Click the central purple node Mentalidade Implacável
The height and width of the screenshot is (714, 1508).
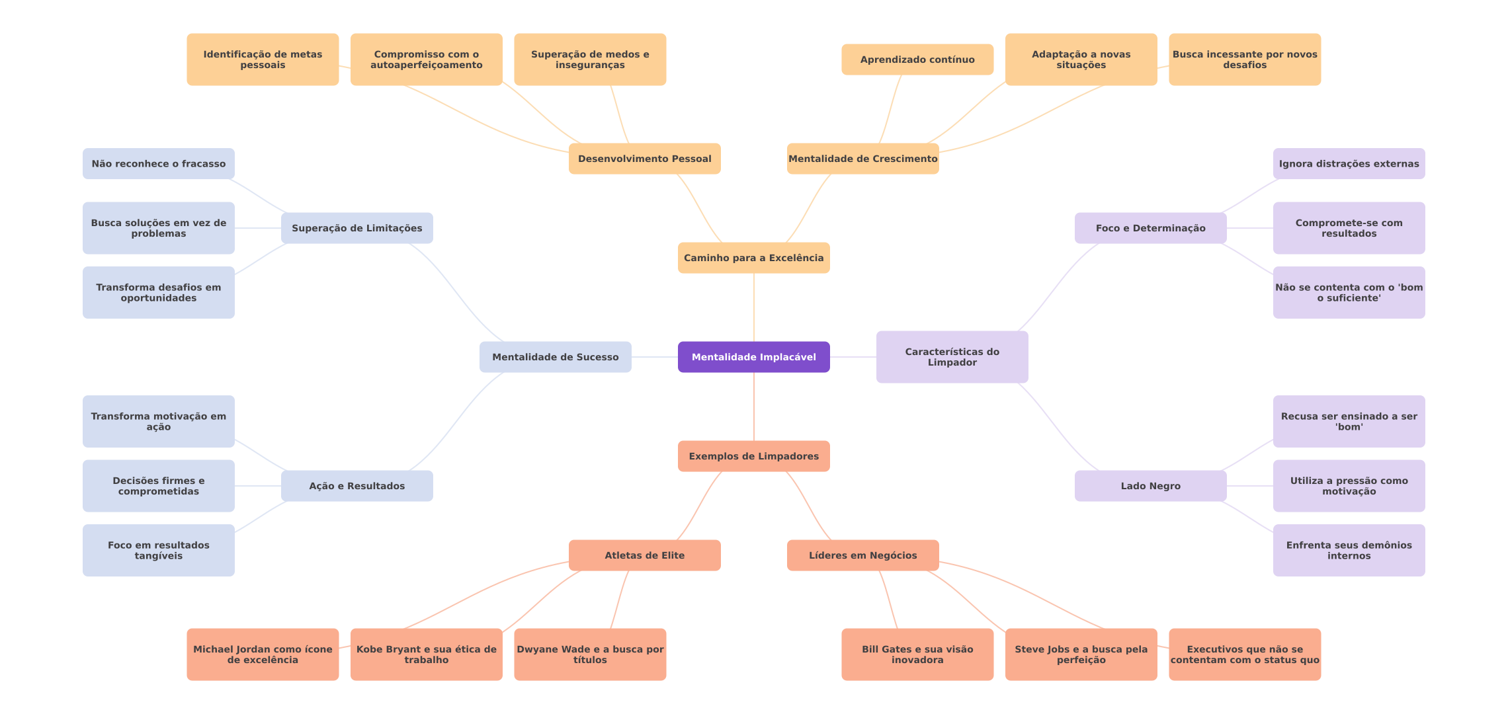(753, 357)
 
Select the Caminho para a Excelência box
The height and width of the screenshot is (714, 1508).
(753, 258)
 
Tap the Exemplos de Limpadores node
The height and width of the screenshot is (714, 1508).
(753, 456)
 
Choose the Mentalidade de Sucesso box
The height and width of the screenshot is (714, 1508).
(555, 357)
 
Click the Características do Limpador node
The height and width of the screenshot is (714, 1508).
(952, 357)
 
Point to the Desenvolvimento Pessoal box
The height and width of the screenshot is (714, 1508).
(644, 159)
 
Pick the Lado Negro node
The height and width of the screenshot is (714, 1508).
(1150, 486)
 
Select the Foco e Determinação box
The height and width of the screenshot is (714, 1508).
(1150, 228)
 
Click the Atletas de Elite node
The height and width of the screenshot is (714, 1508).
(644, 555)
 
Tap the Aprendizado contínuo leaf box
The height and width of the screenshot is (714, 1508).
(917, 59)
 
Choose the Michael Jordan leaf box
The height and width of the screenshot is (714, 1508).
(263, 654)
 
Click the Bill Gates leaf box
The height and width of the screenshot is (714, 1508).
(917, 654)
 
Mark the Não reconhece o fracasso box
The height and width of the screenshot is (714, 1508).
(158, 163)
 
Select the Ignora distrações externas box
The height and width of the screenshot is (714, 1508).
(1349, 163)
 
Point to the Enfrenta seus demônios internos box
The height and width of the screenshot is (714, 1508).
(1349, 550)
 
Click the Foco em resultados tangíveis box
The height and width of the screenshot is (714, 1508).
(158, 550)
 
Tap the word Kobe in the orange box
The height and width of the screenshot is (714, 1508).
(370, 649)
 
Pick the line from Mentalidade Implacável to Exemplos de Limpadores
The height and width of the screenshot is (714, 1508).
(754, 407)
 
